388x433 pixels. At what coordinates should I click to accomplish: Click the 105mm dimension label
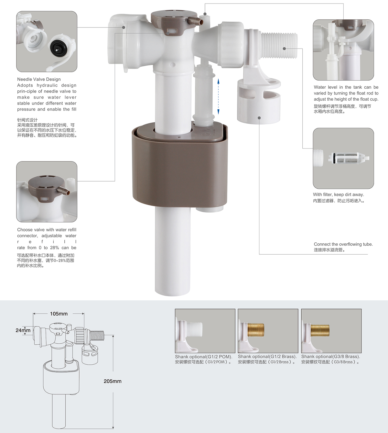(59, 314)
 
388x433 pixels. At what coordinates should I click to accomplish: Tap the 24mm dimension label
(23, 330)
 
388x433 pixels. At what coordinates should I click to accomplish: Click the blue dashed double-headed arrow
(218, 96)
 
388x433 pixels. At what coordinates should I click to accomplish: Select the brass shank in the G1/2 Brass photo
(256, 330)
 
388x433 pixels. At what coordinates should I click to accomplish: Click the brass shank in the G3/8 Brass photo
(320, 330)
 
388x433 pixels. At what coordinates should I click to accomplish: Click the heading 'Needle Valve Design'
(39, 79)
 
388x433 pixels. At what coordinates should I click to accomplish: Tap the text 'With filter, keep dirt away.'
(339, 194)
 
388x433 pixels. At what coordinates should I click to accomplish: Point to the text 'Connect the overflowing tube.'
(343, 244)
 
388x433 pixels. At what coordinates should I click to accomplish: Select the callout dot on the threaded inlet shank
(284, 49)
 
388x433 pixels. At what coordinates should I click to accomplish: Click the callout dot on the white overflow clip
(259, 118)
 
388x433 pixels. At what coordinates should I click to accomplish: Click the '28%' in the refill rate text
(54, 248)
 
